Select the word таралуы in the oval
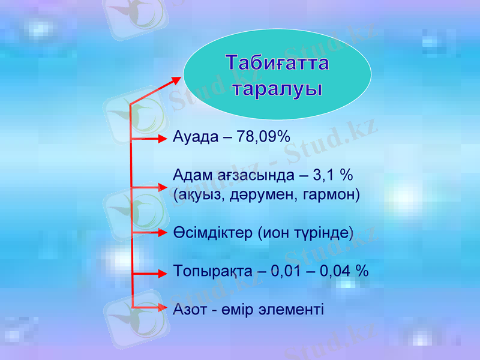pos(277,89)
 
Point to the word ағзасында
pos(254,176)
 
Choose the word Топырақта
pos(212,271)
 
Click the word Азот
pos(189,310)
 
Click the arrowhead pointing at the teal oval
pos(176,79)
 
